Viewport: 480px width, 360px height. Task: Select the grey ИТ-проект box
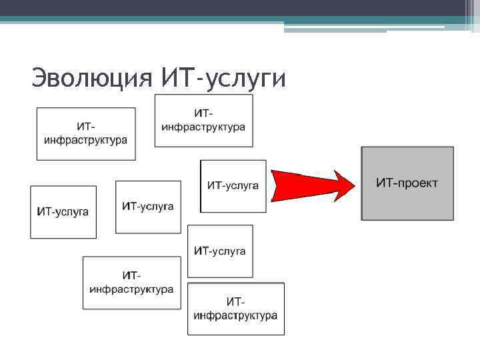click(407, 183)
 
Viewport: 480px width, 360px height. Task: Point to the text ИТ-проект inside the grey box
click(407, 183)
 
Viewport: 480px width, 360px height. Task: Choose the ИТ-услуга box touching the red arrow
click(233, 186)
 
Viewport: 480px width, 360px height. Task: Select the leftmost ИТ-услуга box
click(63, 212)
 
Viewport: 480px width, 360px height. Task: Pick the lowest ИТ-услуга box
click(220, 251)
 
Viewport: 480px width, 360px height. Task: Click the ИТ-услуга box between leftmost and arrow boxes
click(148, 207)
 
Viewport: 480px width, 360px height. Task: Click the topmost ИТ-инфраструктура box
click(203, 121)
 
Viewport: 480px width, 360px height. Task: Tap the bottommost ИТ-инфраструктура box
click(235, 309)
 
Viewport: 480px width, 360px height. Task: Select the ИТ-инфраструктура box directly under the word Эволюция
click(85, 134)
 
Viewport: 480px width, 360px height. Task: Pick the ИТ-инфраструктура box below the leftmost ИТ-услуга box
click(131, 283)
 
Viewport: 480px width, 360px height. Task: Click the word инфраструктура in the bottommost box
click(235, 315)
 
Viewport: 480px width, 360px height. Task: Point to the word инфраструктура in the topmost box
click(203, 127)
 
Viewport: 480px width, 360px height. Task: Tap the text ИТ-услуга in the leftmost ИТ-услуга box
click(63, 212)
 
